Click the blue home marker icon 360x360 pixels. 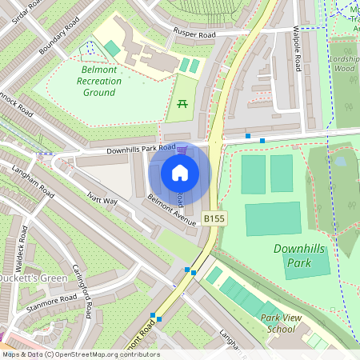(180, 172)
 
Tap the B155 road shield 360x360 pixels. (214, 218)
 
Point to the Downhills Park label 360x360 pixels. (299, 255)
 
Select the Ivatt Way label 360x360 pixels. (102, 196)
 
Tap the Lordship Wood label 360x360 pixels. (344, 63)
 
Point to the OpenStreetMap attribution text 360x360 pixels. (80, 354)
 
